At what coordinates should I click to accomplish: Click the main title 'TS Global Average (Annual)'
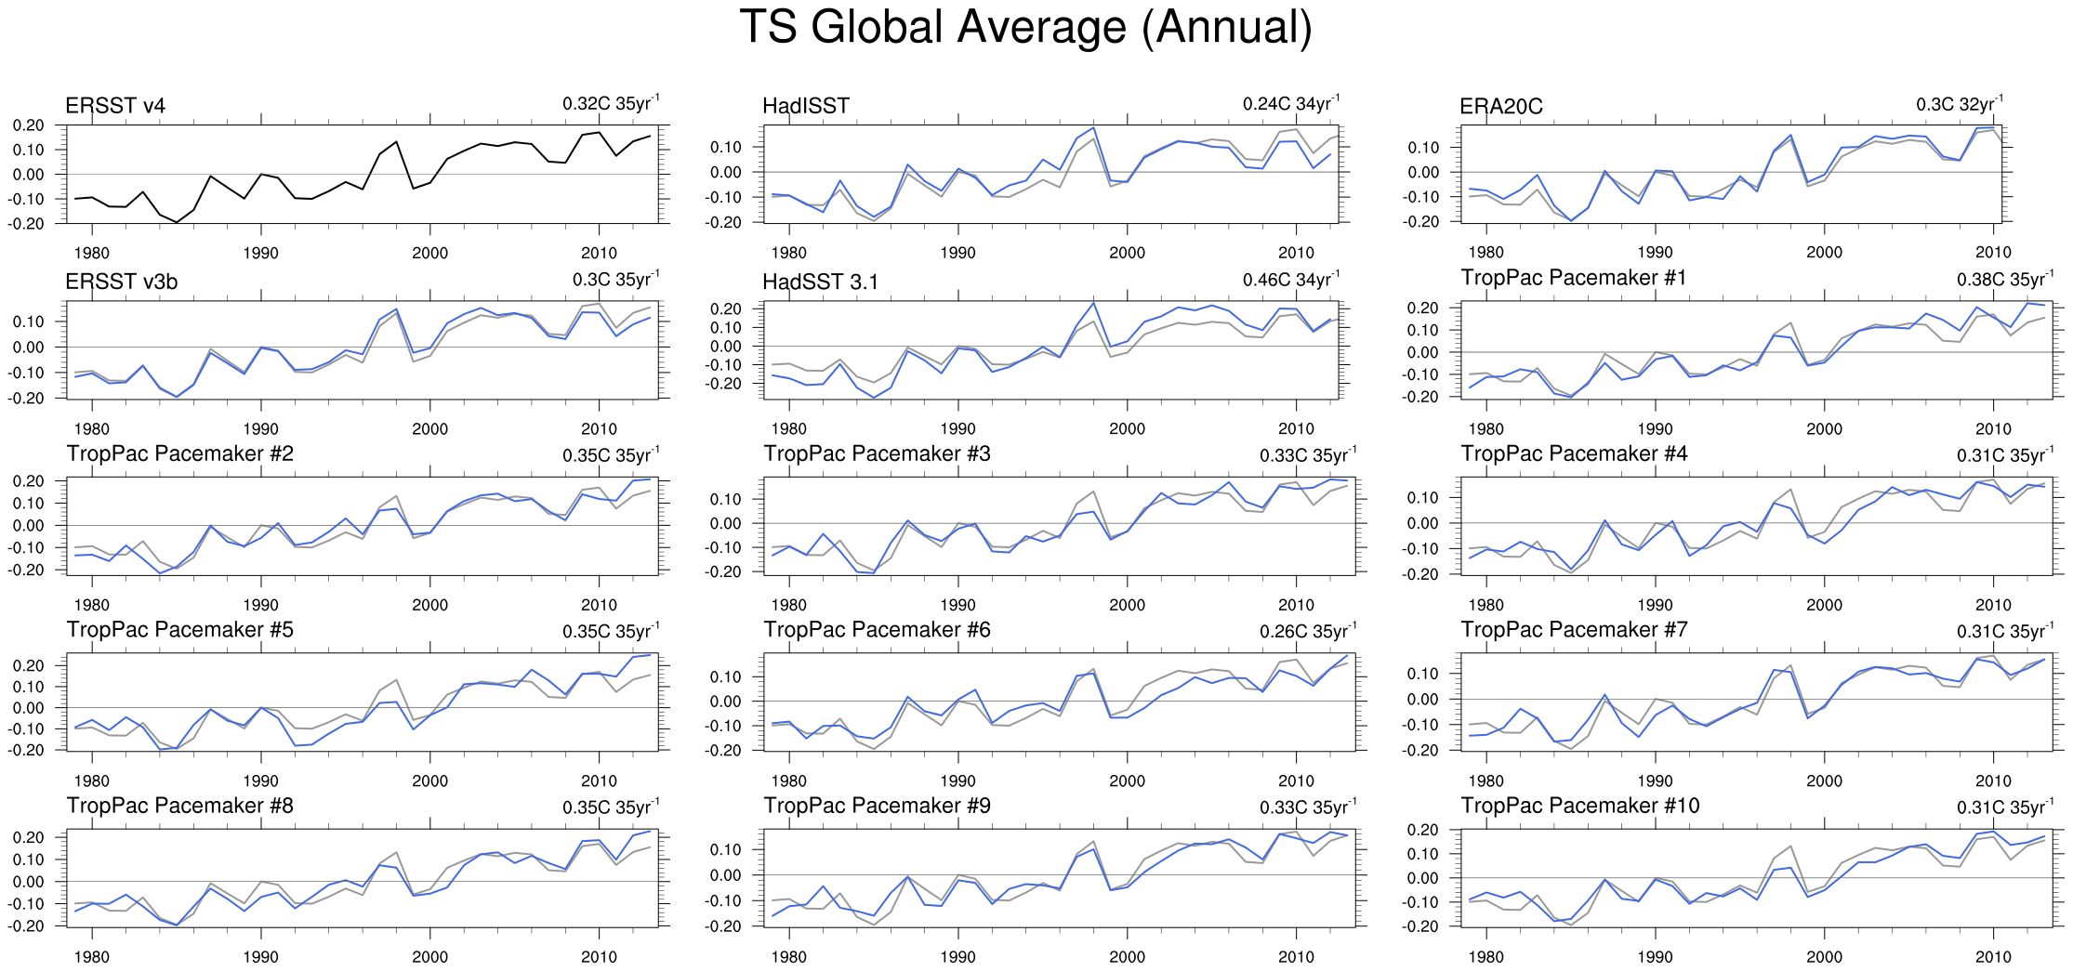pyautogui.click(x=1025, y=27)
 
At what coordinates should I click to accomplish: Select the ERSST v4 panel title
pyautogui.click(x=115, y=106)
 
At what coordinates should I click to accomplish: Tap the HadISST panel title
pyautogui.click(x=805, y=106)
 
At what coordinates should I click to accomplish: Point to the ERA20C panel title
pyautogui.click(x=1500, y=107)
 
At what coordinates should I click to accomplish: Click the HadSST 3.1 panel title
pyautogui.click(x=820, y=282)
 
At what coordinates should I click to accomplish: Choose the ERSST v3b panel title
pyautogui.click(x=121, y=282)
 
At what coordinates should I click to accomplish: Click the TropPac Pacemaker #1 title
pyautogui.click(x=1573, y=278)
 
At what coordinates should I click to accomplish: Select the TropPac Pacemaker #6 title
pyautogui.click(x=877, y=630)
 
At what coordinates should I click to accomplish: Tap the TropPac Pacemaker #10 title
pyautogui.click(x=1579, y=806)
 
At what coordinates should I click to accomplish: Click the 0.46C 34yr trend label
pyautogui.click(x=1291, y=280)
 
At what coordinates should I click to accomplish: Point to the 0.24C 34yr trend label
pyautogui.click(x=1291, y=103)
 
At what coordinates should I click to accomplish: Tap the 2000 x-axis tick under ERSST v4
pyautogui.click(x=429, y=253)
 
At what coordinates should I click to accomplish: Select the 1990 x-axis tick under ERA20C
pyautogui.click(x=1655, y=253)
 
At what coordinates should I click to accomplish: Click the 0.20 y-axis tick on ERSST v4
pyautogui.click(x=28, y=125)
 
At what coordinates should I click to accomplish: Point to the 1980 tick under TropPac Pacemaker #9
pyautogui.click(x=788, y=957)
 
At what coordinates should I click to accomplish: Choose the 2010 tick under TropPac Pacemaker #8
pyautogui.click(x=599, y=957)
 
